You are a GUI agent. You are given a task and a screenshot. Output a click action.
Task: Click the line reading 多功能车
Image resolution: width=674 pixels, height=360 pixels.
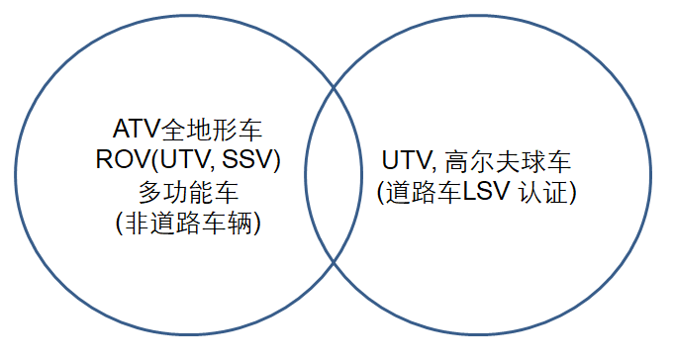tap(188, 191)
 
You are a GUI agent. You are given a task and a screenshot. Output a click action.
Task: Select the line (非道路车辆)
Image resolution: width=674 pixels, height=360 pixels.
tap(188, 223)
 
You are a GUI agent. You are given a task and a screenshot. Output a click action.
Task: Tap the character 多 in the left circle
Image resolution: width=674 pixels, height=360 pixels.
tap(138, 191)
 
